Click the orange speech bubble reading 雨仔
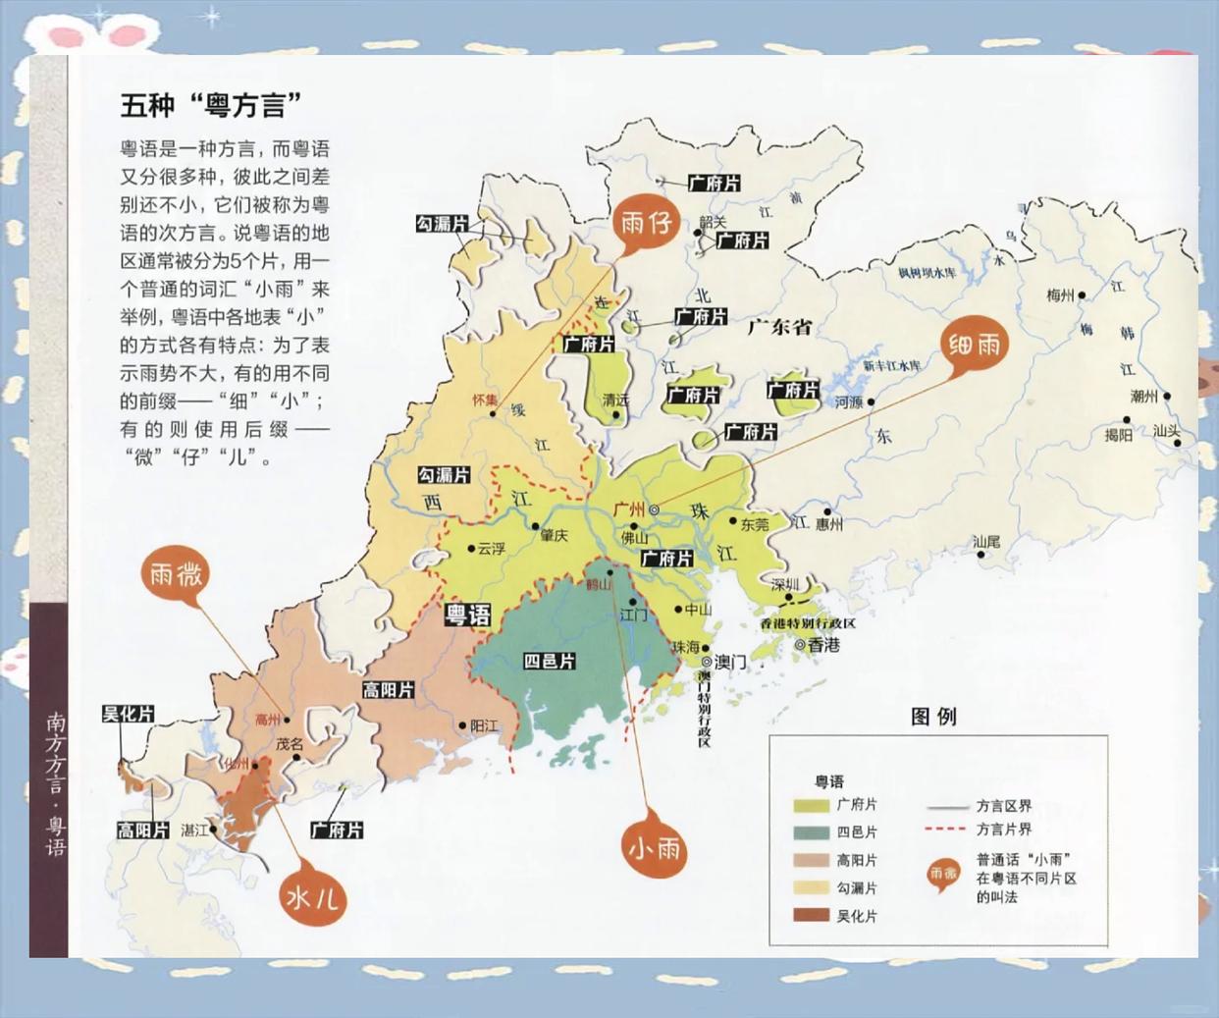pyautogui.click(x=646, y=224)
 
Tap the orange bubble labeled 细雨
pyautogui.click(x=975, y=345)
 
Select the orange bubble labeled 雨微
pyautogui.click(x=177, y=574)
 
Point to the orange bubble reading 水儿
pyautogui.click(x=313, y=896)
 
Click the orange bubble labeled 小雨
pyautogui.click(x=655, y=846)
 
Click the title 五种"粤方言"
pyautogui.click(x=210, y=104)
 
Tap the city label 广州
pyautogui.click(x=628, y=509)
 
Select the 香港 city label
pyautogui.click(x=823, y=645)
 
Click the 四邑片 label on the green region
pyautogui.click(x=549, y=662)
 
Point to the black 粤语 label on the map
pyautogui.click(x=467, y=616)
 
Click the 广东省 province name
pyautogui.click(x=779, y=327)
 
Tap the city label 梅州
pyautogui.click(x=1060, y=295)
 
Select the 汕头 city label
pyautogui.click(x=1166, y=431)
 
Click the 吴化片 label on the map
pyautogui.click(x=128, y=715)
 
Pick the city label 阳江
pyautogui.click(x=484, y=726)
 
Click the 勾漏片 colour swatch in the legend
pyautogui.click(x=810, y=888)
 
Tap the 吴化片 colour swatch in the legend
pyautogui.click(x=810, y=916)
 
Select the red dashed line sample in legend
pyautogui.click(x=946, y=830)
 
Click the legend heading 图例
pyautogui.click(x=932, y=717)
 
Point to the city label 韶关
pyautogui.click(x=713, y=223)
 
